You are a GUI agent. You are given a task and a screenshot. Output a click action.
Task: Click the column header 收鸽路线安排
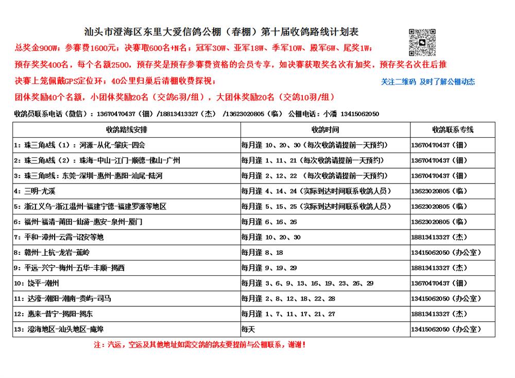(x=126, y=129)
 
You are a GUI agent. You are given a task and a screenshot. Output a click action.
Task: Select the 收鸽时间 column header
(x=325, y=129)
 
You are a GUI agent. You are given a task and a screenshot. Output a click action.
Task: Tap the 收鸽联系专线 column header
(x=452, y=129)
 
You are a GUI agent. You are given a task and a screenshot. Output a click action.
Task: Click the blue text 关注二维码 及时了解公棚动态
(x=427, y=81)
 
